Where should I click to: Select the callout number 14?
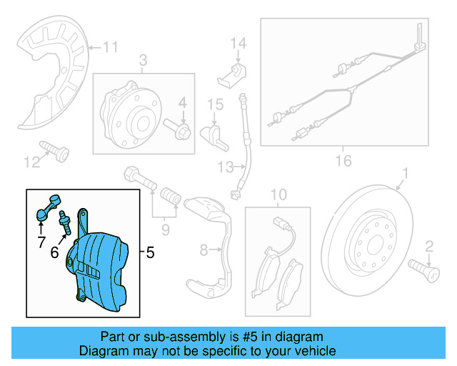pos(238,44)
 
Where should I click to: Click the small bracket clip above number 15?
pos(233,71)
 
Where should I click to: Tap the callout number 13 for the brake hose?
pos(226,167)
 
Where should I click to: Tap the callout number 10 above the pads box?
pos(278,194)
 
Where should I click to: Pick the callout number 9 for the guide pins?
pos(165,229)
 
